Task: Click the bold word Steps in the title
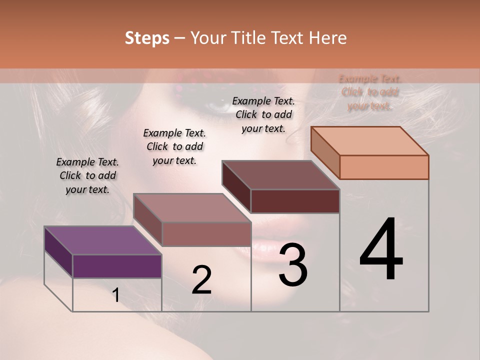pos(147,38)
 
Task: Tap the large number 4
pos(381,250)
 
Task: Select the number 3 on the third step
pos(293,264)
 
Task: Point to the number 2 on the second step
pos(201,280)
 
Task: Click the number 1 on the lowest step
pos(116,295)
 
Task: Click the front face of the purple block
pos(117,266)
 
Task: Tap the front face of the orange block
pos(384,167)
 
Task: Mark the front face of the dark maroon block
pos(295,201)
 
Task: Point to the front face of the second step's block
pos(206,234)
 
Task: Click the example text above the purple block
pos(87,175)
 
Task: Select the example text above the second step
pos(174,146)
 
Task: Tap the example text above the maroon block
pos(263,114)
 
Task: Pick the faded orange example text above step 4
pos(370,92)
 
